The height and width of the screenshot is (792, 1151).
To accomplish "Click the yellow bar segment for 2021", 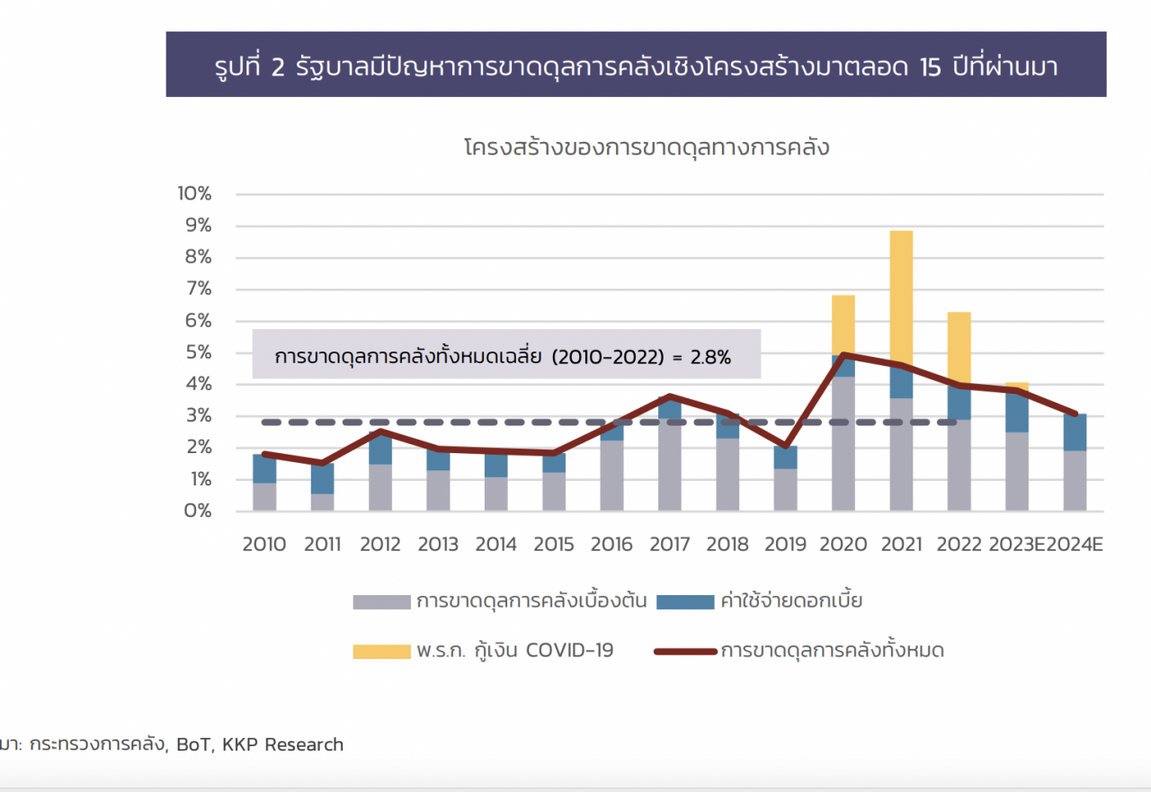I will click(901, 297).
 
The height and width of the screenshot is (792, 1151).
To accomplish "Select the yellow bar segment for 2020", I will click(843, 324).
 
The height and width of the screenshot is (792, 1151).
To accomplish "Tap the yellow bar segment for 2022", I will click(959, 346).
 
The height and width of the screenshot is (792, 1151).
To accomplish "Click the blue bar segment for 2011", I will click(322, 478).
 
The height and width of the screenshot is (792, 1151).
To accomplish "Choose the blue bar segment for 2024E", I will click(1075, 432).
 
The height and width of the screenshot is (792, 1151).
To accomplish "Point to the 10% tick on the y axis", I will click(194, 194).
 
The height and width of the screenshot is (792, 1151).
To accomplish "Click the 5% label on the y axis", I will click(198, 353).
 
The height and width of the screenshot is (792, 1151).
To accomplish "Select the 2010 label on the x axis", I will click(264, 545).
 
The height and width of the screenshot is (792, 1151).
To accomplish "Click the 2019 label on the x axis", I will click(785, 545).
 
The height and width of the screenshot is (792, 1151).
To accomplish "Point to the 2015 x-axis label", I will click(554, 545).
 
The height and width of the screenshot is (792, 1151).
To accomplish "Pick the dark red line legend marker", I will click(684, 651).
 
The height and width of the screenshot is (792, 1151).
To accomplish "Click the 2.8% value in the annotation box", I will click(710, 357).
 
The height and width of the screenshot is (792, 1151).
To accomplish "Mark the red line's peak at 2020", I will click(843, 355).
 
